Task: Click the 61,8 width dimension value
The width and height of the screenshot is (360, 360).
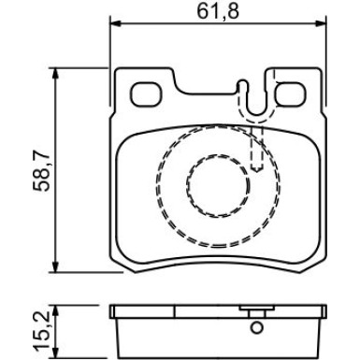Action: [218, 12]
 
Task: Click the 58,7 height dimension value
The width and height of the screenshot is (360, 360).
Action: [41, 170]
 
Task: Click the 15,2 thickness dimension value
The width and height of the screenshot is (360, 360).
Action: [41, 331]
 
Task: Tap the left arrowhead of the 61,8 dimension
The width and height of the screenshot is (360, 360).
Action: [116, 23]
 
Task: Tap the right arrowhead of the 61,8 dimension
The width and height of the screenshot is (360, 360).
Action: [321, 23]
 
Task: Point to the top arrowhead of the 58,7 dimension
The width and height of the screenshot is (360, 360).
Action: [55, 73]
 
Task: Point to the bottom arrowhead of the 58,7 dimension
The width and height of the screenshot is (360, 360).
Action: [55, 266]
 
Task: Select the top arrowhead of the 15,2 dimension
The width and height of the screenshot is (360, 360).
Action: [55, 310]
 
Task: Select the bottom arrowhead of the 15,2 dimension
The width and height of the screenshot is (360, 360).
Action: [55, 353]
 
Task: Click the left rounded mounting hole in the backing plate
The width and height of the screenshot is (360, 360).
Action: [146, 94]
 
